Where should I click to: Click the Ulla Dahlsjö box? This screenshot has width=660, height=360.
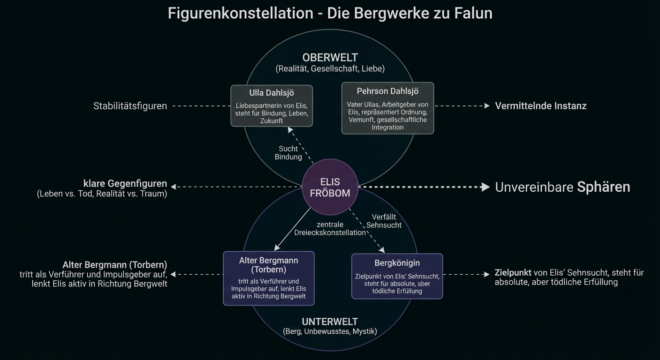272,105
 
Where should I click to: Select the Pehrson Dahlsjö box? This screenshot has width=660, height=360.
387,108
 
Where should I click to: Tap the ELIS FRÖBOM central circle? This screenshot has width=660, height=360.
330,187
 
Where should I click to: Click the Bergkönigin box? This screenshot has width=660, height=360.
397,277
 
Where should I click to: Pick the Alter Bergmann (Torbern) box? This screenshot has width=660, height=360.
268,278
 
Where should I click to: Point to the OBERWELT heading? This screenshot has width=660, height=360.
330,58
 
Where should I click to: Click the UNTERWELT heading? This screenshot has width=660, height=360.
330,322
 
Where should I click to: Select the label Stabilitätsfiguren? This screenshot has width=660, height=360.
130,106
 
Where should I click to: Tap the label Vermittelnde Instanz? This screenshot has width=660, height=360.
540,106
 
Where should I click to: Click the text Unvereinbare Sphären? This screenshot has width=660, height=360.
562,187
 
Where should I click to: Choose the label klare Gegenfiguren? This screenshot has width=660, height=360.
125,183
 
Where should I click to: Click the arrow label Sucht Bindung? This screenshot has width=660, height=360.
288,153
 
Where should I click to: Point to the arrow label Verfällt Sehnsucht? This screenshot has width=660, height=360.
384,221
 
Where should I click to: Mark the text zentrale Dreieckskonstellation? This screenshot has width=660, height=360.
330,229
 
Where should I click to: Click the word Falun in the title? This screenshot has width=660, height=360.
473,13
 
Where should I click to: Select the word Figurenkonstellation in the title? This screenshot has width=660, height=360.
240,13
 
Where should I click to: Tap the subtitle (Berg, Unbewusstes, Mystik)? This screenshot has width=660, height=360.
330,332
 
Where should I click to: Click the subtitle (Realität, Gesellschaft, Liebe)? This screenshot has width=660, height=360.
330,68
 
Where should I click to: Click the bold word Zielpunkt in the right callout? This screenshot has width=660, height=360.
513,273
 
